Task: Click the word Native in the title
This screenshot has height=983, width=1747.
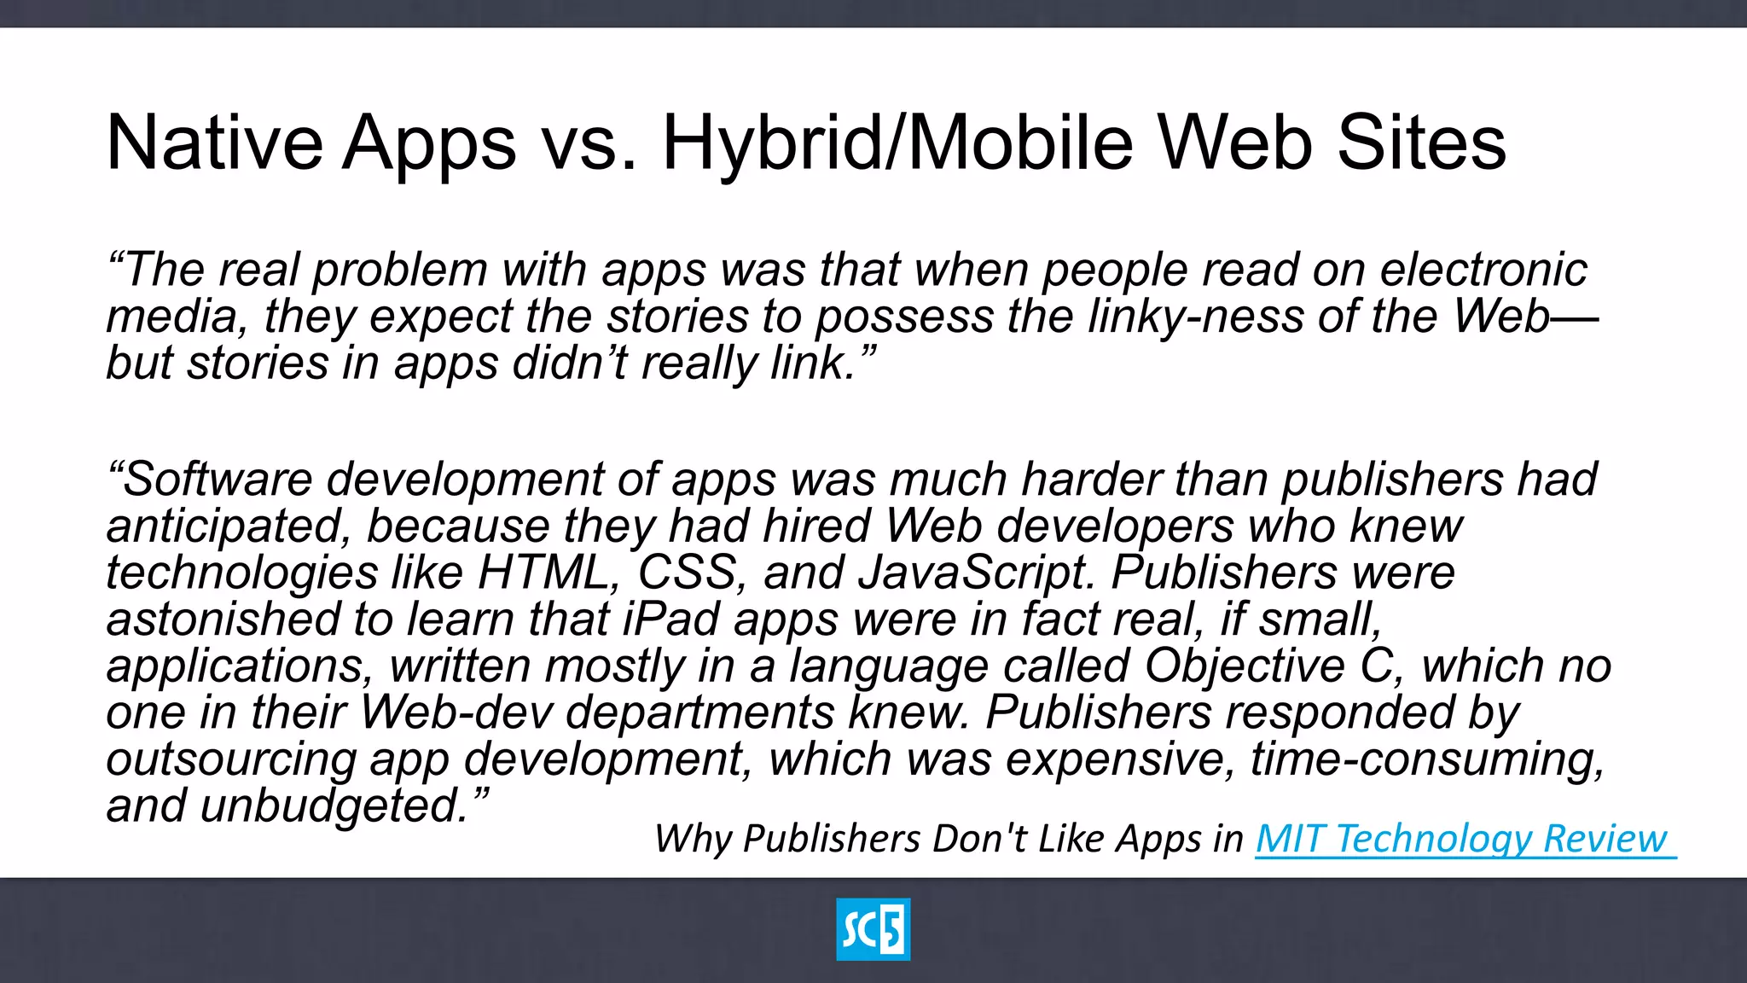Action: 214,143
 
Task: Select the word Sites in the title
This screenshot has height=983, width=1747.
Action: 1421,143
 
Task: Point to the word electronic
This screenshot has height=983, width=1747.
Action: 1483,270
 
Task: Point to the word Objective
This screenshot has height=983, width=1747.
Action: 1245,666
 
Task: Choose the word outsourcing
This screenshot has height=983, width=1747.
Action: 230,759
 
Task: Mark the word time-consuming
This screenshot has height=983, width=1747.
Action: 1427,759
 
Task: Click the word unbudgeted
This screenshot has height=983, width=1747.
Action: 335,806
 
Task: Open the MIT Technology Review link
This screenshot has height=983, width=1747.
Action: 1462,839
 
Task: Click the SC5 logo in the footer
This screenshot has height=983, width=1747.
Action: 873,929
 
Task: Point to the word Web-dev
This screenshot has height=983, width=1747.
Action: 457,713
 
